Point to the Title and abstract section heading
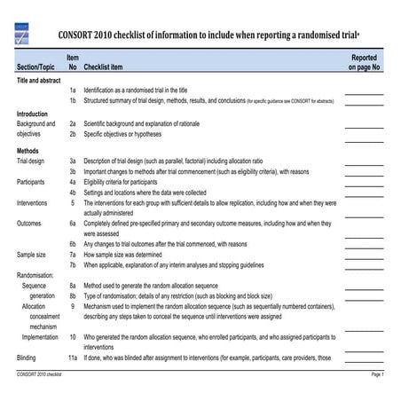point(37,80)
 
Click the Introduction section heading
point(32,114)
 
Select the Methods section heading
point(28,150)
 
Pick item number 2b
point(73,136)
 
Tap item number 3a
point(73,161)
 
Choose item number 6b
point(73,244)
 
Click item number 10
point(73,337)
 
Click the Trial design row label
point(32,161)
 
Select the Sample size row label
point(32,255)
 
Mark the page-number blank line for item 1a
point(364,93)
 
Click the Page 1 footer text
point(376,376)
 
